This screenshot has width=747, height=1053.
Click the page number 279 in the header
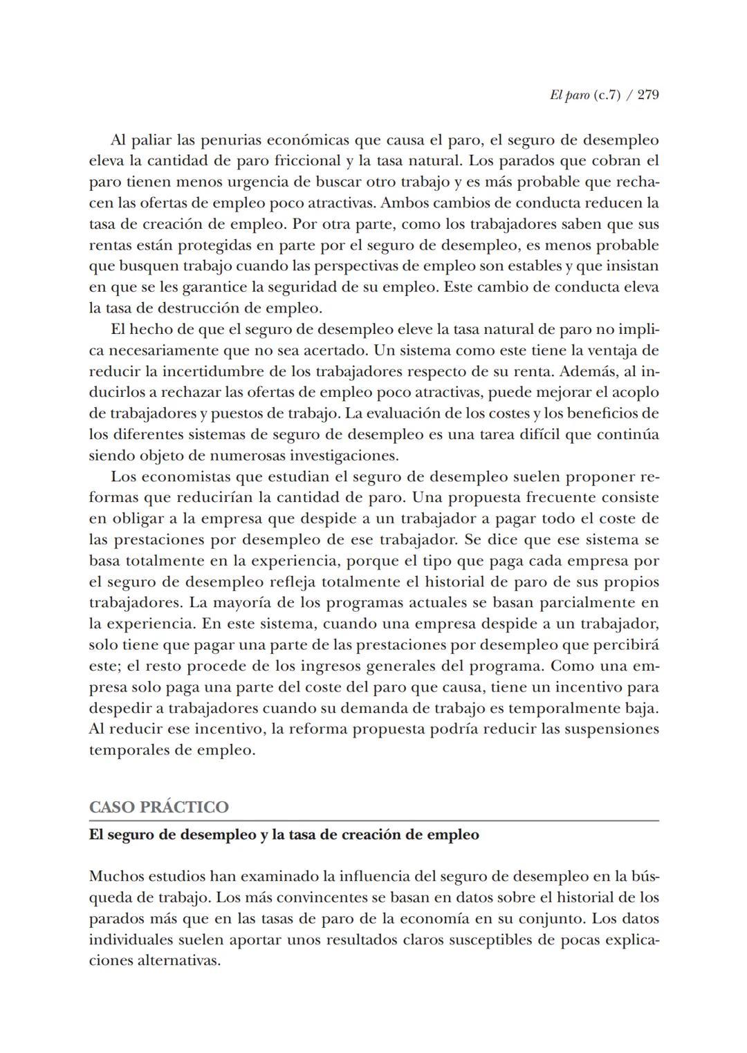click(x=648, y=95)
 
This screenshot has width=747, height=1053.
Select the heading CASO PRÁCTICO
click(x=158, y=808)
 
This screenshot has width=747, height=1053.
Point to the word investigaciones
click(x=344, y=456)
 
